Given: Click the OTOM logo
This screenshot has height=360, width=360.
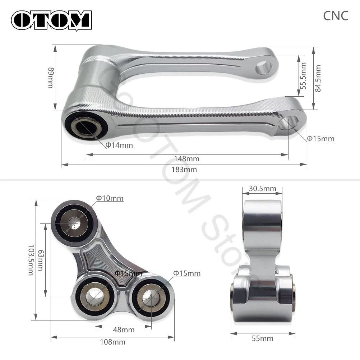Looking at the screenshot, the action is [51, 20].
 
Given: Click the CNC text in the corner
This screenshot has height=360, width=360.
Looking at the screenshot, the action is [336, 16].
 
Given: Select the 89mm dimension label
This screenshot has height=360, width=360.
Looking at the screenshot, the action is [51, 78].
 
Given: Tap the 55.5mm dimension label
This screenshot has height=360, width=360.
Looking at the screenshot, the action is [304, 76].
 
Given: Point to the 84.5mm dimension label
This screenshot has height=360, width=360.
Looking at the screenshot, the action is [318, 78].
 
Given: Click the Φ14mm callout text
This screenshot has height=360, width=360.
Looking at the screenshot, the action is [119, 145].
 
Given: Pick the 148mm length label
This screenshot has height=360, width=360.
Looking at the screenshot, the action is [186, 159].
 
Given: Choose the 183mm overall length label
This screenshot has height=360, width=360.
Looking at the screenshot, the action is [184, 170].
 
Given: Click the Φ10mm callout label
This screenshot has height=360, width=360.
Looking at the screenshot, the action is [110, 198].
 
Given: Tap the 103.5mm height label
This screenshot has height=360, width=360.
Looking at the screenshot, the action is [31, 260].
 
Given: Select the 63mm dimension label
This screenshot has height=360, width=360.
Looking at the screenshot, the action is [41, 260].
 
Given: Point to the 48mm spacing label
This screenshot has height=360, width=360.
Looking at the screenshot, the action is [124, 330].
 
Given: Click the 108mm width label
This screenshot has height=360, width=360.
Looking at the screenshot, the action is [113, 342].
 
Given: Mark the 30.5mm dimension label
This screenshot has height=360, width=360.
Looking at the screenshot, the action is [262, 189].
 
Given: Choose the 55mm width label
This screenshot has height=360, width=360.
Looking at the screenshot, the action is [262, 338].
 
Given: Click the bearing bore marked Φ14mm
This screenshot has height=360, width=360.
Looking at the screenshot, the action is [86, 127].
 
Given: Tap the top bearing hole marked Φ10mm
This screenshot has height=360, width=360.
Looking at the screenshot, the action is [74, 223].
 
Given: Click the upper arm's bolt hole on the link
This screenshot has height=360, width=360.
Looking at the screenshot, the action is [263, 68].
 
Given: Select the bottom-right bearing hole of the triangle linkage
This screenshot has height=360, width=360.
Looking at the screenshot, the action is [151, 297].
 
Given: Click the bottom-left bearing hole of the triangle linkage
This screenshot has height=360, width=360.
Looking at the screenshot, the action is [94, 297].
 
